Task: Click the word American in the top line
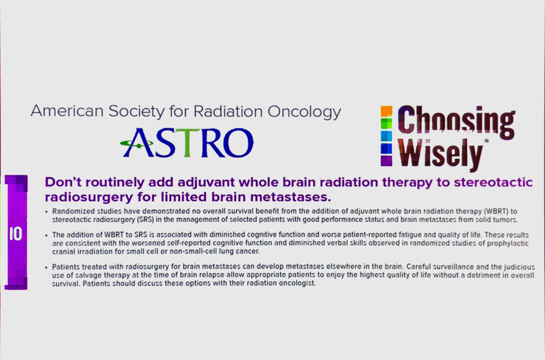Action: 67,111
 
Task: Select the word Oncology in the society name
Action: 304,113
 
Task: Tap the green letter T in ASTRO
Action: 187,142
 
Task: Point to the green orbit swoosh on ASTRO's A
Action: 136,143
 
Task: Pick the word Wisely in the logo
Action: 440,155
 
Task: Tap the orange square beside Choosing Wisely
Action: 386,111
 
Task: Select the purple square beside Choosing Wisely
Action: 386,160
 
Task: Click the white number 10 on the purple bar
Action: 16,234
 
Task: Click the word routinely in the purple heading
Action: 115,182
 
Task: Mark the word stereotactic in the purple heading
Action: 493,182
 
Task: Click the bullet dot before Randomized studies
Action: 47,212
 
